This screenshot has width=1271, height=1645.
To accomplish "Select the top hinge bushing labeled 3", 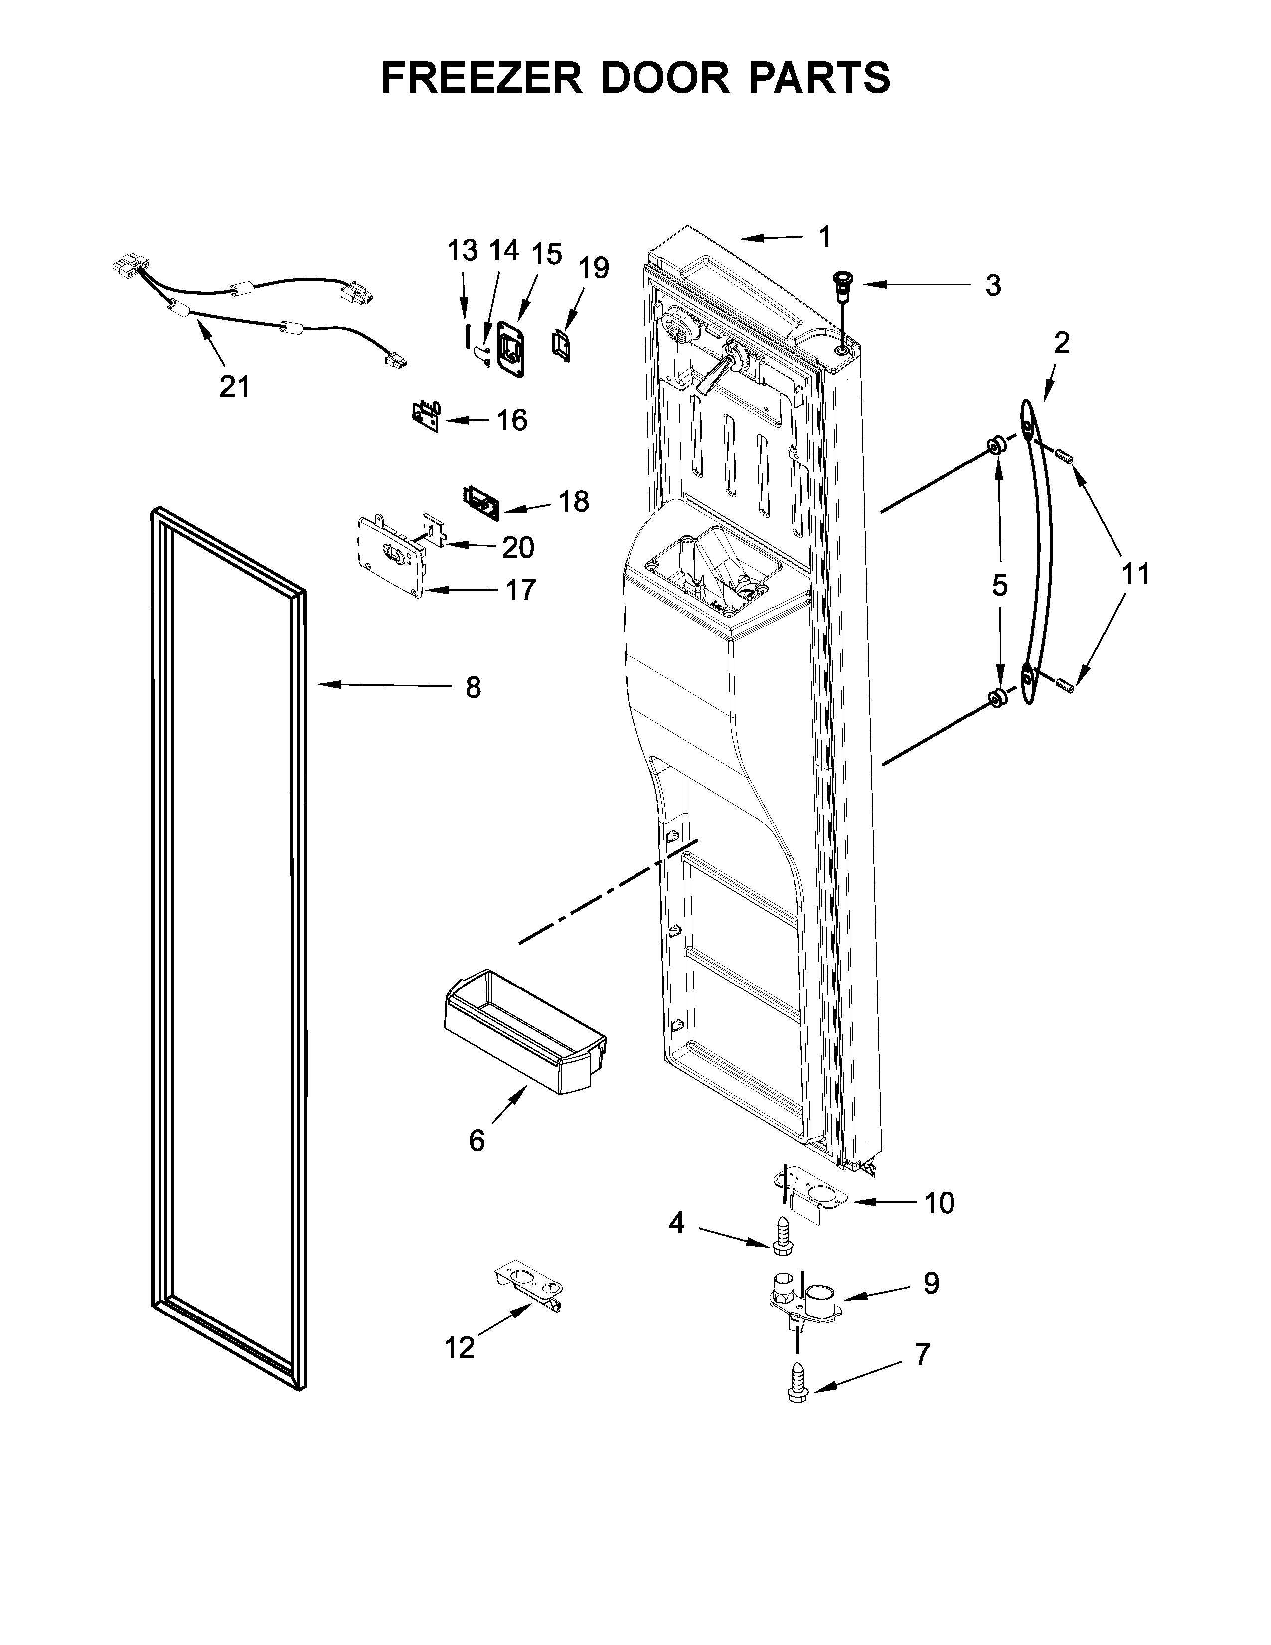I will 839,287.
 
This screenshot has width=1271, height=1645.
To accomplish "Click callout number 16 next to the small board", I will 512,420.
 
